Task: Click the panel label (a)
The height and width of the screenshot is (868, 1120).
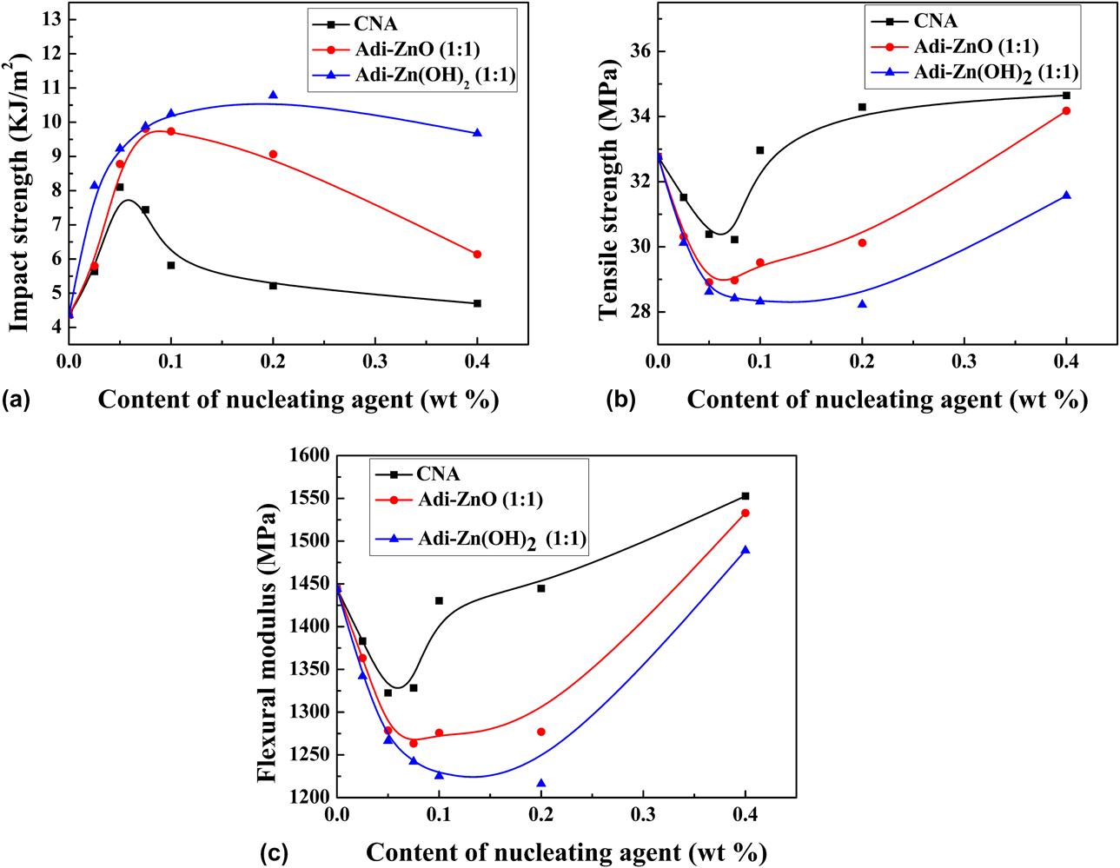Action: (17, 400)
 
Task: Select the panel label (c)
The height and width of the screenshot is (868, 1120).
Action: (275, 852)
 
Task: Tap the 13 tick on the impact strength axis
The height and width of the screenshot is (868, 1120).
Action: (50, 19)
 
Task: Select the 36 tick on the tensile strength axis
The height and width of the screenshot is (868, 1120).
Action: (640, 51)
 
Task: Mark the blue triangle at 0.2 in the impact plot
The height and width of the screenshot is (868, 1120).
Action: (273, 95)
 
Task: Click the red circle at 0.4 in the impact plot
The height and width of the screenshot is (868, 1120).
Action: (477, 255)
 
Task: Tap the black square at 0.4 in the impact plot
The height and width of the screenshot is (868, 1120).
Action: (477, 303)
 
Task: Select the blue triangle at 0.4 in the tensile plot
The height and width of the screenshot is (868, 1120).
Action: (1066, 195)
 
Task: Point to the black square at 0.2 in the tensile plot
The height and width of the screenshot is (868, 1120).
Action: (862, 107)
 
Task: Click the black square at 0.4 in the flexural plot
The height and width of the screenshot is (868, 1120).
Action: (745, 496)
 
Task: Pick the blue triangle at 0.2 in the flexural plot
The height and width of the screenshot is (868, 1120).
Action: (541, 784)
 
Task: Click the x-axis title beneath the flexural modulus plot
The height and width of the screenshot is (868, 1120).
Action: (566, 852)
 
